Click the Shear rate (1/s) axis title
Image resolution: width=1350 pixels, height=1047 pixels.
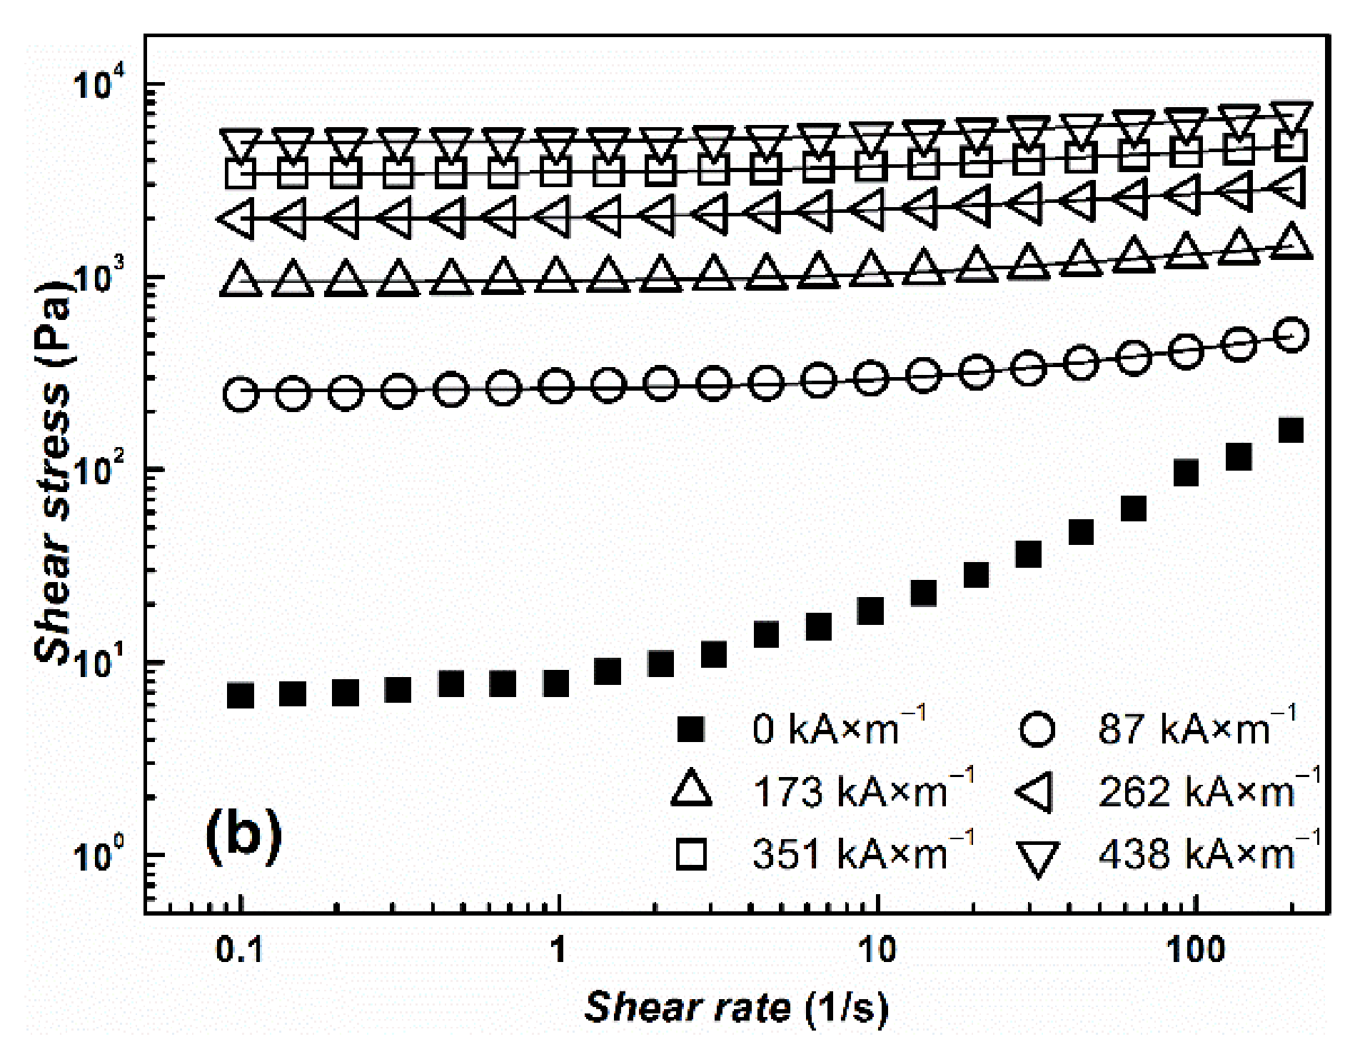click(x=736, y=1008)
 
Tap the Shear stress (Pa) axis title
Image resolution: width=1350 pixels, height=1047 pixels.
click(x=54, y=471)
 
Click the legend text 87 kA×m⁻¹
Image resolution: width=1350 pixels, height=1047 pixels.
click(x=1197, y=728)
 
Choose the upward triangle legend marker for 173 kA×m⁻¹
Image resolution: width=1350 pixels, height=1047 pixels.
click(x=691, y=791)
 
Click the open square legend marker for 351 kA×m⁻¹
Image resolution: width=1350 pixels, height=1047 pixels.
click(x=690, y=854)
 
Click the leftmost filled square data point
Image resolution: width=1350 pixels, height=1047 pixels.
click(x=241, y=695)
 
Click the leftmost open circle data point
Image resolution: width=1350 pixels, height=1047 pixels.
click(x=241, y=394)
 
